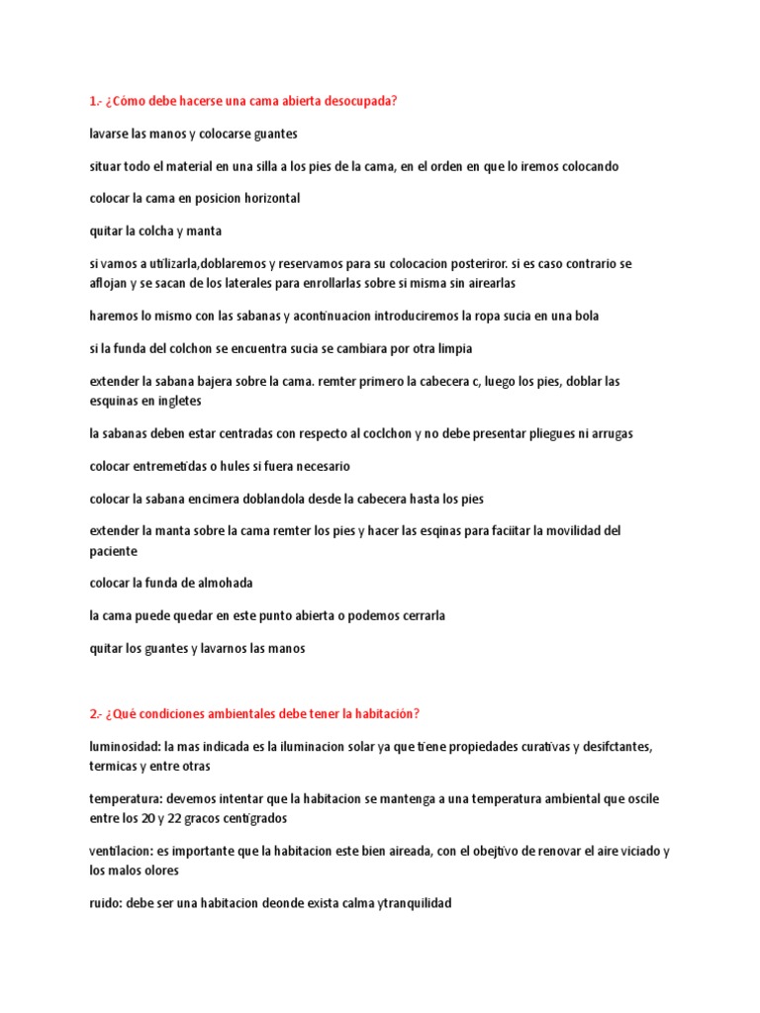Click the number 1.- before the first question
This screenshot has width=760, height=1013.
pyautogui.click(x=95, y=101)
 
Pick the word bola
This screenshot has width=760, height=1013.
pyautogui.click(x=585, y=316)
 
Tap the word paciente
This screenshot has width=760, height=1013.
pyautogui.click(x=113, y=551)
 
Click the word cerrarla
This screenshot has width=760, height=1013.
pyautogui.click(x=419, y=615)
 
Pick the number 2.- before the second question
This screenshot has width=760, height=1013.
pyautogui.click(x=96, y=714)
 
